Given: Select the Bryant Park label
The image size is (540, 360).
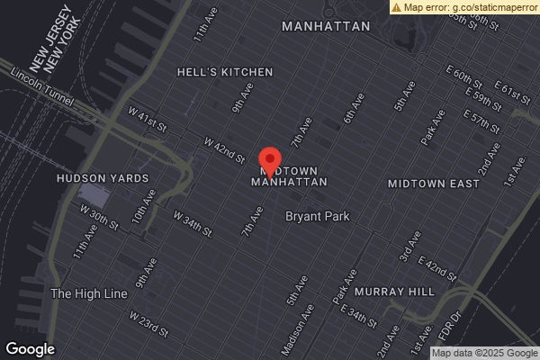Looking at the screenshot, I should point(318,216).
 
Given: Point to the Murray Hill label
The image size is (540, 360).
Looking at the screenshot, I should point(394,292).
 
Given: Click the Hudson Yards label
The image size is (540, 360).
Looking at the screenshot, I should point(103,178).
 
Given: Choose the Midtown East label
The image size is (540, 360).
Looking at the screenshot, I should point(434,184).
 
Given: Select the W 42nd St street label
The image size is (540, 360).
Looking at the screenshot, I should point(224,149).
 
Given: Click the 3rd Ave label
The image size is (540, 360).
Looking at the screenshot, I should point(409,247).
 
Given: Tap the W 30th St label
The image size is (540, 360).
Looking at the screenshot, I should point(99,216).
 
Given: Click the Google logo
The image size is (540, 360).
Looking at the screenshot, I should point(30,349).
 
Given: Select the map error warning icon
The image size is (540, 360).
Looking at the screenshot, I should point(397,6).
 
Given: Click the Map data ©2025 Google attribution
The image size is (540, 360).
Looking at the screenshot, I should point(485,353).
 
